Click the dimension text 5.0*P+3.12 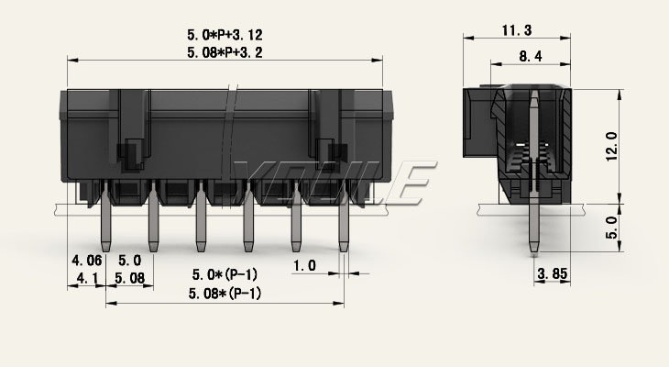[x=225, y=35]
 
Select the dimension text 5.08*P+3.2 [x=225, y=52]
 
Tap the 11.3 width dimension [x=517, y=30]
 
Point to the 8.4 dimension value [x=531, y=56]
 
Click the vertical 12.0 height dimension [x=611, y=146]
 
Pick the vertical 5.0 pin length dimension [x=611, y=227]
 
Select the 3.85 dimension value [x=553, y=273]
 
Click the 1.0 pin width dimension [x=304, y=266]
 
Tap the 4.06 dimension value [x=87, y=260]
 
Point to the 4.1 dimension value [x=87, y=279]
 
